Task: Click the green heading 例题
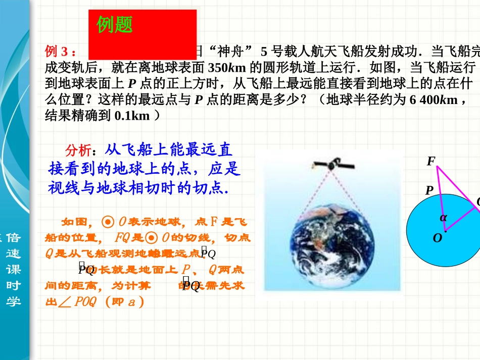point(115,24)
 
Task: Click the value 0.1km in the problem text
point(132,116)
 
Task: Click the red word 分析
point(78,150)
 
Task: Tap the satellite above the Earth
point(328,164)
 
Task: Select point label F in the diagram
point(430,162)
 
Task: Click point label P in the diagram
point(429,190)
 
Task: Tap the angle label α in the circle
point(443,218)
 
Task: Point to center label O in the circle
point(437,238)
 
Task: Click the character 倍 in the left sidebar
point(14,237)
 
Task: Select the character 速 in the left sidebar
point(14,253)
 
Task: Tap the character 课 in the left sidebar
point(14,269)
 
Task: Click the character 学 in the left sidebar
point(14,301)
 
